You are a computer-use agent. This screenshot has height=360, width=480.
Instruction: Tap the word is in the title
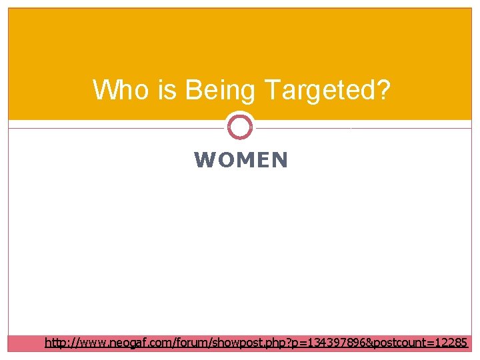[168, 89]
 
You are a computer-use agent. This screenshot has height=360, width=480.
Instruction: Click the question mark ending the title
[382, 89]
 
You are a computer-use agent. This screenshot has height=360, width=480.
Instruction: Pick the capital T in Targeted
[272, 89]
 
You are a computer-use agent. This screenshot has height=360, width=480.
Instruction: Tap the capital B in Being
[193, 89]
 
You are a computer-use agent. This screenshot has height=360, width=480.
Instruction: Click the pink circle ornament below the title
[240, 127]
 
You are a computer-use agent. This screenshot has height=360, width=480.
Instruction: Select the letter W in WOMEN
[203, 160]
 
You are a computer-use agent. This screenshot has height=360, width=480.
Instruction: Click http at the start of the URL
[55, 343]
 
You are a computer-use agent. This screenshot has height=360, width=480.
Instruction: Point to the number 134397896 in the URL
[325, 343]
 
